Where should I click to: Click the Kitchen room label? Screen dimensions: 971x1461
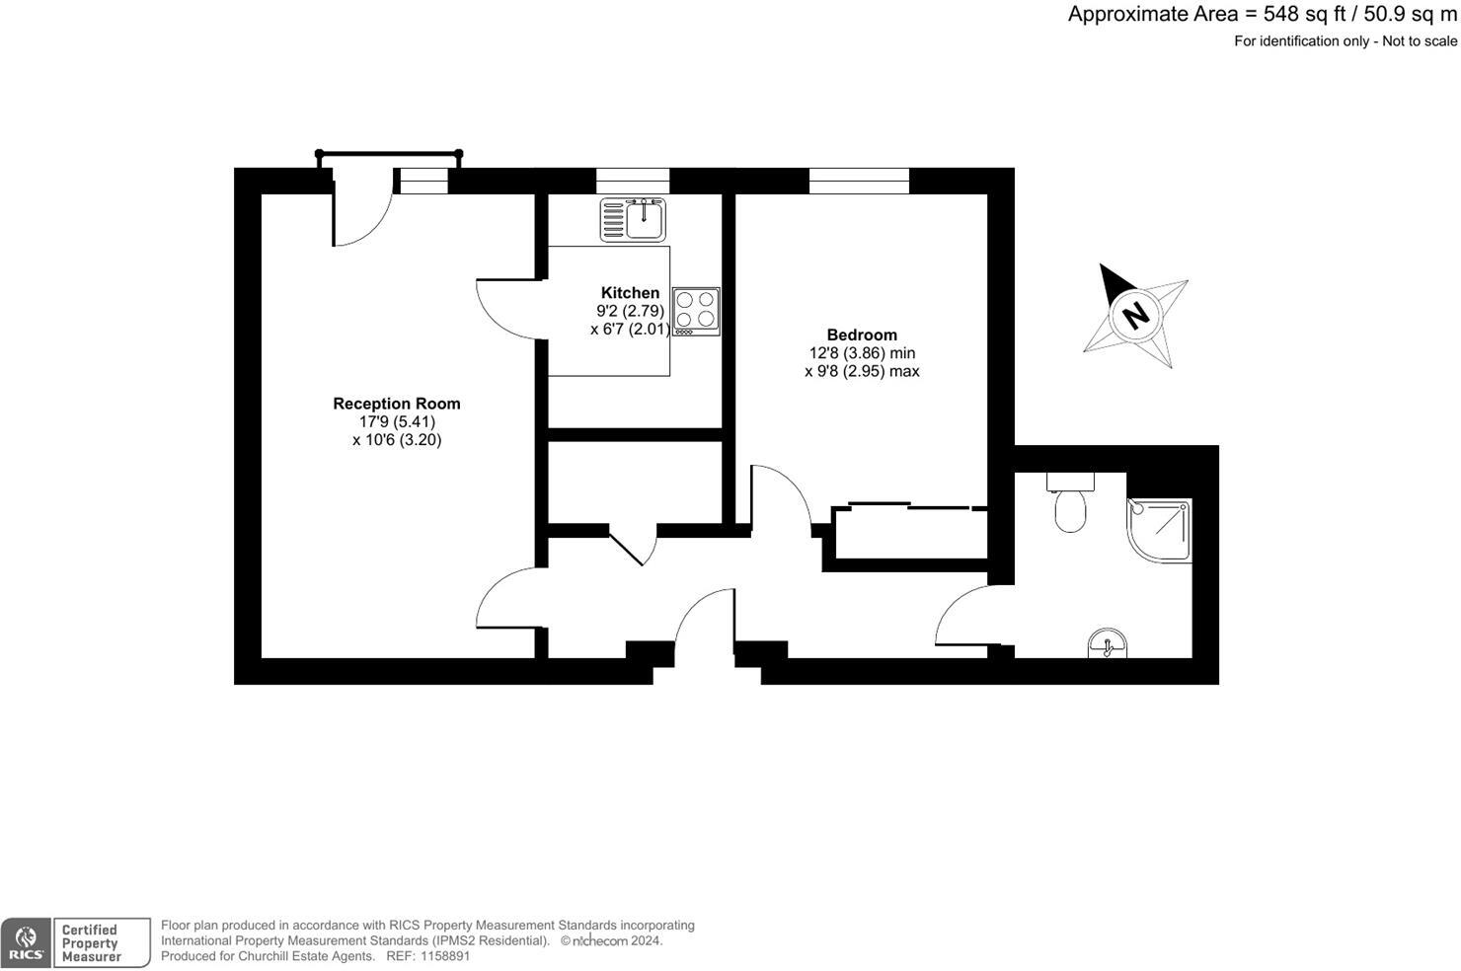click(x=630, y=292)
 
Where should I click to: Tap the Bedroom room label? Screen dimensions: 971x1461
click(x=862, y=335)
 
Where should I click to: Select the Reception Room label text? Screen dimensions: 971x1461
click(x=396, y=403)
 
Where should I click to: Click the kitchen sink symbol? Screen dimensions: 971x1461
click(x=634, y=218)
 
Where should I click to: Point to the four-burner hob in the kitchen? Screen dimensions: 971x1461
click(x=696, y=309)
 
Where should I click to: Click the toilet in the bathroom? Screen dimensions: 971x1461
click(x=1070, y=505)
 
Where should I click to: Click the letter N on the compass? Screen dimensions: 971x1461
click(x=1136, y=316)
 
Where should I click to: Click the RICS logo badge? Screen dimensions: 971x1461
click(x=26, y=942)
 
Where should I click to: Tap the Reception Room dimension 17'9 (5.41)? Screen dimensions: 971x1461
click(x=396, y=421)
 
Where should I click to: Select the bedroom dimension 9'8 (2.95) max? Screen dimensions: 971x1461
click(x=862, y=371)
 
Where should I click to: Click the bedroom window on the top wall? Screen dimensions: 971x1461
click(x=859, y=181)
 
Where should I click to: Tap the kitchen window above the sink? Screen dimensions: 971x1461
click(x=633, y=181)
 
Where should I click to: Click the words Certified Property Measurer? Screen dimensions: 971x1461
click(x=91, y=942)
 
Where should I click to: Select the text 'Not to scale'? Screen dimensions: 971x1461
click(x=1420, y=41)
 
